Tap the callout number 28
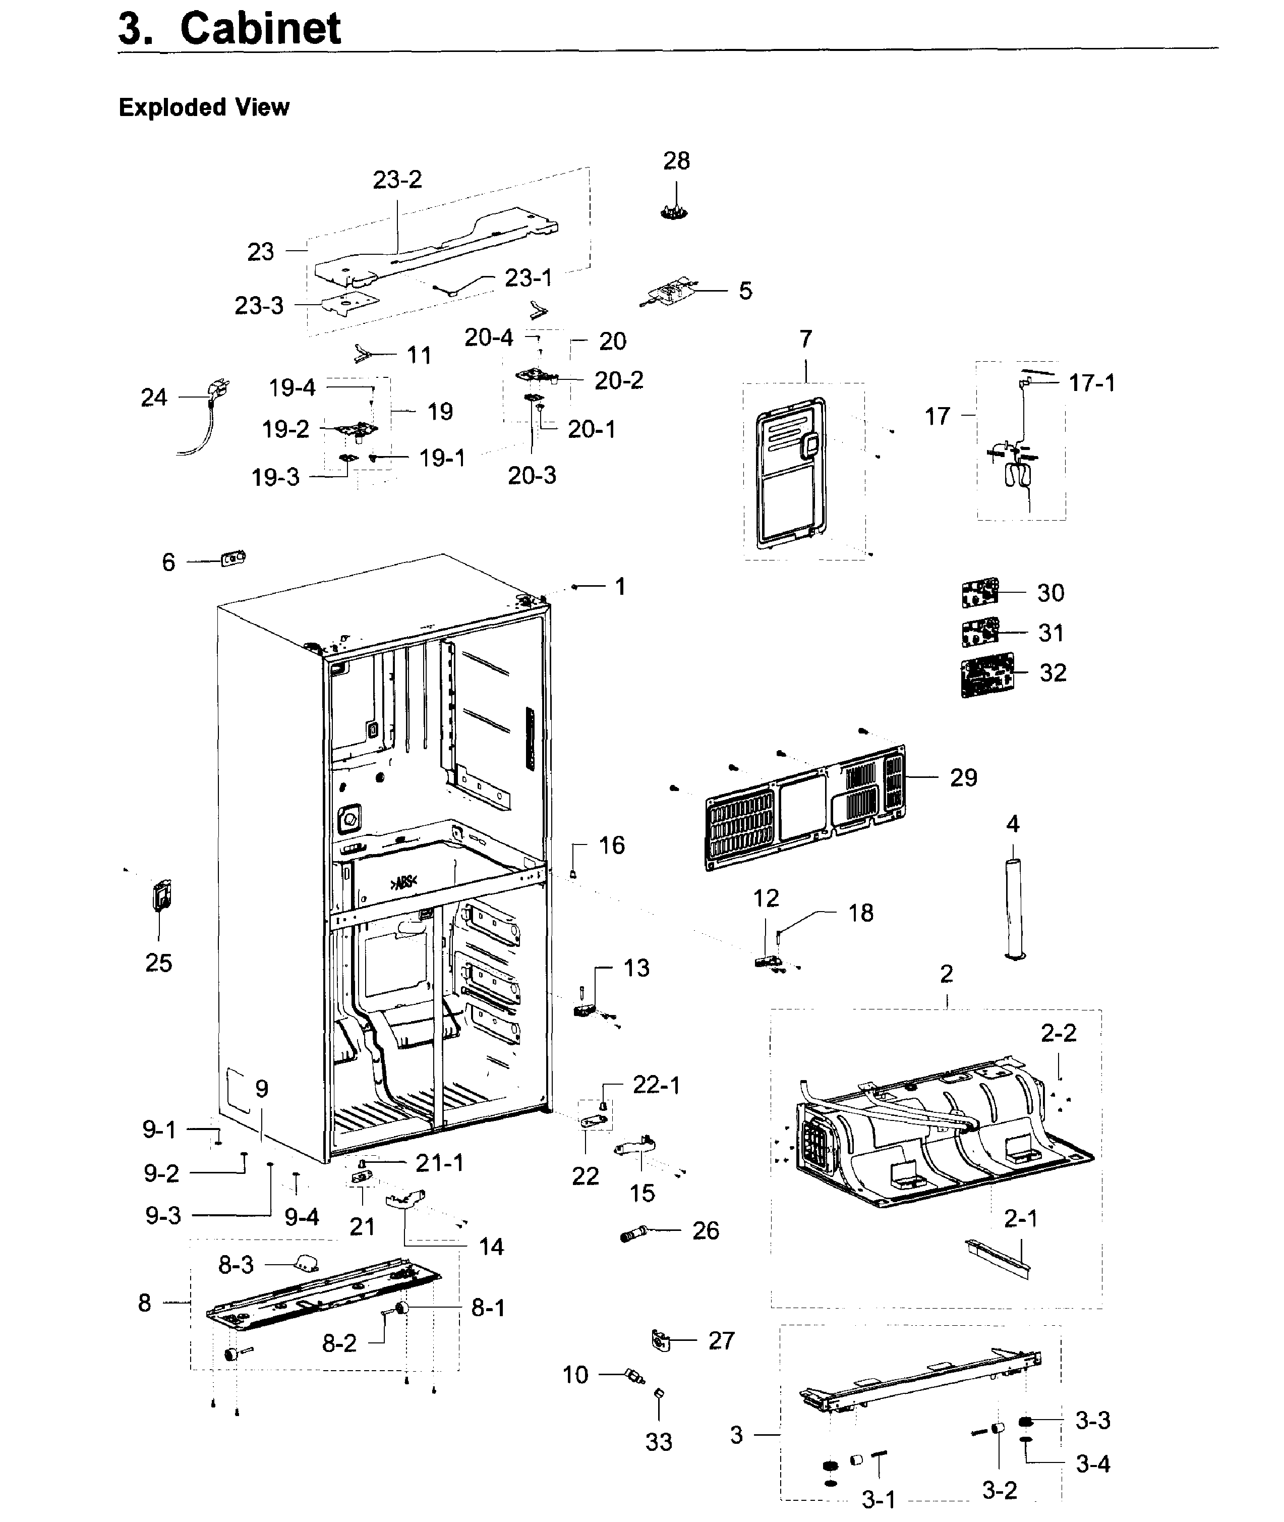pyautogui.click(x=676, y=161)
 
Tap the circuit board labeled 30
pyautogui.click(x=980, y=593)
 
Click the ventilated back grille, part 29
pyautogui.click(x=806, y=808)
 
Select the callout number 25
pyautogui.click(x=159, y=963)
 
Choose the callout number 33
pyautogui.click(x=659, y=1442)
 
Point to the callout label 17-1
pyautogui.click(x=1091, y=383)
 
